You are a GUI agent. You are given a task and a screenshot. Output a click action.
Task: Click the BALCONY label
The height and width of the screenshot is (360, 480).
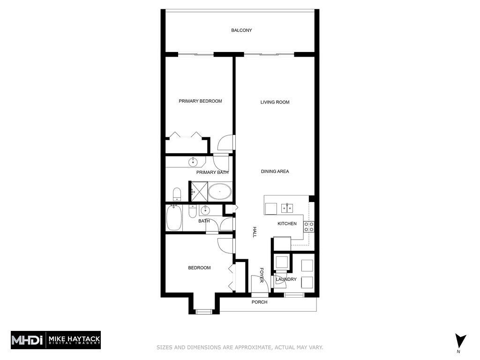pyautogui.click(x=241, y=30)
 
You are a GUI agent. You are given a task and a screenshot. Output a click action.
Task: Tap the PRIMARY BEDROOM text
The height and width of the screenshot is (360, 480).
pyautogui.click(x=200, y=101)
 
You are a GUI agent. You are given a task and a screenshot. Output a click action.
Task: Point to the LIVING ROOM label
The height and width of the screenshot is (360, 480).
pyautogui.click(x=275, y=102)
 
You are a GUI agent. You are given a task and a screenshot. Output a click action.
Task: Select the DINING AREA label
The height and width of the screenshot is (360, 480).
pyautogui.click(x=275, y=172)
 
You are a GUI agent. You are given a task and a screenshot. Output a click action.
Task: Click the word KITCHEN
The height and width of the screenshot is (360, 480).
pyautogui.click(x=287, y=224)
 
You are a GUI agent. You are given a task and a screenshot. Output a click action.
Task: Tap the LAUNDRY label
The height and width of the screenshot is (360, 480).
pyautogui.click(x=286, y=279)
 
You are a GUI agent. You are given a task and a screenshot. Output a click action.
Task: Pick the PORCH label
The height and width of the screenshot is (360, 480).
pyautogui.click(x=259, y=302)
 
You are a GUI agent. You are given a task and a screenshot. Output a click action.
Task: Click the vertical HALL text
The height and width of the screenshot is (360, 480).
pyautogui.click(x=255, y=232)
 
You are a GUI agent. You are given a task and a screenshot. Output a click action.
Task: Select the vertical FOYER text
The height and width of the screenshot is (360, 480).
pyautogui.click(x=262, y=275)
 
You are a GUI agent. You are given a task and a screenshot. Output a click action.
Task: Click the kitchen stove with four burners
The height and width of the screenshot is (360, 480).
pyautogui.click(x=309, y=227)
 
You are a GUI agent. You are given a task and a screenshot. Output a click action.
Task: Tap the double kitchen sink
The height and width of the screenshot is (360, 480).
pyautogui.click(x=287, y=208)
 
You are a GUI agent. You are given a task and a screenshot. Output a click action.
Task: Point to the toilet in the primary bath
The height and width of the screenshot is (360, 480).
pyautogui.click(x=177, y=194)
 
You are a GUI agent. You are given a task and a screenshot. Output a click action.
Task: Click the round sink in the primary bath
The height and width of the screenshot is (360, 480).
pyautogui.click(x=193, y=162)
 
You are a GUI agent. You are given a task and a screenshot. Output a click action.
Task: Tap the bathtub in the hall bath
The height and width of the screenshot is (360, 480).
pyautogui.click(x=174, y=218)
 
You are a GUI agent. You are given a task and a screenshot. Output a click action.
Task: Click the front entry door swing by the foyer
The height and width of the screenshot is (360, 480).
pyautogui.click(x=258, y=285)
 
